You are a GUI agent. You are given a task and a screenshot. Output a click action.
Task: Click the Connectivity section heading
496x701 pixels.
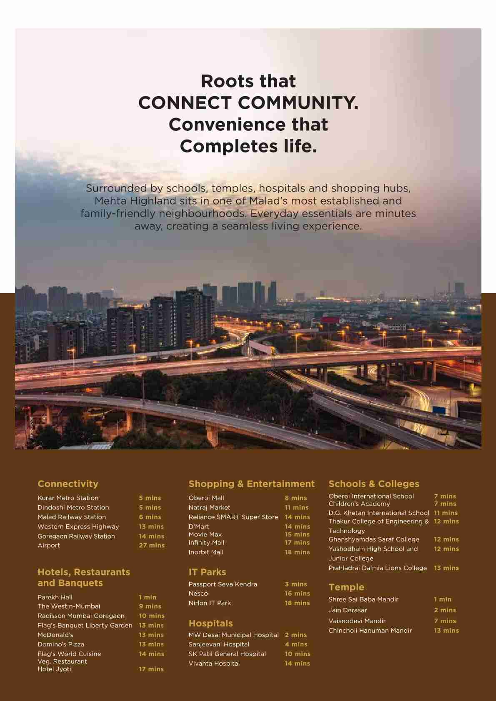click(68, 484)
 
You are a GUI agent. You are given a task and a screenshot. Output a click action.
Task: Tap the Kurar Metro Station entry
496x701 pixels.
click(68, 498)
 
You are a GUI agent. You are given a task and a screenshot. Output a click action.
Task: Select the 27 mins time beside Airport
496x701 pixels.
click(152, 546)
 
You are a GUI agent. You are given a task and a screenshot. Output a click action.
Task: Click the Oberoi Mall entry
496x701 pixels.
click(206, 498)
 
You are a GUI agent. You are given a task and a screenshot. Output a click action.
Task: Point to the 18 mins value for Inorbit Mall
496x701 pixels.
click(297, 552)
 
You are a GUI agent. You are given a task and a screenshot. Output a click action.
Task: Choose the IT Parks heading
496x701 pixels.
click(207, 572)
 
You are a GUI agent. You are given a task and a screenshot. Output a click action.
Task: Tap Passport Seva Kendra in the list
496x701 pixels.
click(223, 584)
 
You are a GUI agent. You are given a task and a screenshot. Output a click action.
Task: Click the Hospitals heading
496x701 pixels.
click(210, 624)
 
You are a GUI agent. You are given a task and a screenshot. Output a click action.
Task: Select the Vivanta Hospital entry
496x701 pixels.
click(214, 664)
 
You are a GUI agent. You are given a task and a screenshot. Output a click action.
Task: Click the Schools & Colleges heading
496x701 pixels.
click(373, 484)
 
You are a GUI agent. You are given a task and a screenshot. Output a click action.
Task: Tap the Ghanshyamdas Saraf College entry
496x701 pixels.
click(373, 539)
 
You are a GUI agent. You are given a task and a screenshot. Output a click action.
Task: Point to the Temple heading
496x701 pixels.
click(346, 587)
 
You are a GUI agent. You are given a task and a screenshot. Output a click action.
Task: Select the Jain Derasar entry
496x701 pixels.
click(348, 610)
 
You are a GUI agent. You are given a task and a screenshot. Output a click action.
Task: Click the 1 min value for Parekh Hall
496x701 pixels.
click(148, 597)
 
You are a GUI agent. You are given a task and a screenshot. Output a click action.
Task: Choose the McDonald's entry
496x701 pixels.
click(55, 635)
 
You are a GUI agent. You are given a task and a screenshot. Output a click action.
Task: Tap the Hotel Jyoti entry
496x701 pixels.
click(54, 669)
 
